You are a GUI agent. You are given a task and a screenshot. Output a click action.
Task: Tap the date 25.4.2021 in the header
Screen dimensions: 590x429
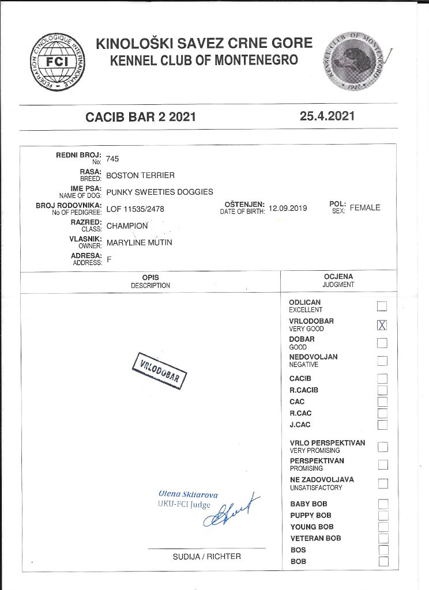click(327, 116)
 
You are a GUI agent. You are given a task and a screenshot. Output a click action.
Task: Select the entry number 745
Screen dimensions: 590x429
click(112, 159)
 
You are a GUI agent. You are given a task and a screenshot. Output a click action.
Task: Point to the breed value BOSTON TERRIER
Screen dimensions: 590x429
click(140, 175)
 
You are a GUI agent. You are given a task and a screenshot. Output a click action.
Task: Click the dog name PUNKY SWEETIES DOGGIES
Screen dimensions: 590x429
click(160, 192)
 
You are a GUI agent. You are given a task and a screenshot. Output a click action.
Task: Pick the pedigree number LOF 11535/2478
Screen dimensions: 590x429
click(136, 209)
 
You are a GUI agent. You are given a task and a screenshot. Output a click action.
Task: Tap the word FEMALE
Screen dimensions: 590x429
click(365, 208)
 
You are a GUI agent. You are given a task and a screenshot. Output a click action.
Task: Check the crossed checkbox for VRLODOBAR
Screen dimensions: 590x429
click(382, 325)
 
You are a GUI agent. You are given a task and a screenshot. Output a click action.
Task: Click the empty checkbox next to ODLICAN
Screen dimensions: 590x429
click(382, 306)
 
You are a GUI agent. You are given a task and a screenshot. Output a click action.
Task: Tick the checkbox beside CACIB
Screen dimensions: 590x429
click(382, 379)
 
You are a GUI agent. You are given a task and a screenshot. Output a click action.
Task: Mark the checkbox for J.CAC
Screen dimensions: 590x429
click(382, 425)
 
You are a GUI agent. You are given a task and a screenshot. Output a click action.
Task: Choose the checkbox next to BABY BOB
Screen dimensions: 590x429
click(383, 504)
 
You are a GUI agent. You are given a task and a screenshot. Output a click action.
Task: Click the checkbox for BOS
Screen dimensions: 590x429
click(383, 550)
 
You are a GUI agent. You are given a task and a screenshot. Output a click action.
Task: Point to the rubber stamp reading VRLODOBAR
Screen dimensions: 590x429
click(160, 370)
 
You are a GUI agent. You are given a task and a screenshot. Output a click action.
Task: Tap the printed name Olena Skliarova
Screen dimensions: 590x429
click(188, 494)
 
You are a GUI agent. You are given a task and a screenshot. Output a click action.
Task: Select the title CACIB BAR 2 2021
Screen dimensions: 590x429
click(141, 117)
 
